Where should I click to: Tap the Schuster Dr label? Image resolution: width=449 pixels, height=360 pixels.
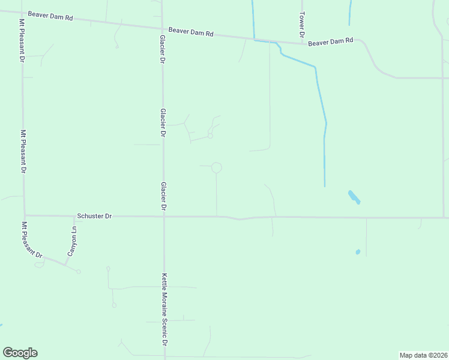(x=94, y=216)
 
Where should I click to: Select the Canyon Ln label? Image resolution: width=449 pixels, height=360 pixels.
(x=74, y=241)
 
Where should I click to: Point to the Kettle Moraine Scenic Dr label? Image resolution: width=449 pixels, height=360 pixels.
(x=164, y=310)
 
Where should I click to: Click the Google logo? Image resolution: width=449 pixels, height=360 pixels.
(x=20, y=353)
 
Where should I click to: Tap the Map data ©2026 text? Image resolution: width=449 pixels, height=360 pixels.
(x=423, y=355)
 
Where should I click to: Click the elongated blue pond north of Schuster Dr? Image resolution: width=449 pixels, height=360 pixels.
(x=354, y=197)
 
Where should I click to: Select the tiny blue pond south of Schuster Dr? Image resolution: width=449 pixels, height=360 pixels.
(x=358, y=252)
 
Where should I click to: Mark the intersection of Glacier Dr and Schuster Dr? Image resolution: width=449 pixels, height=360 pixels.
(x=164, y=216)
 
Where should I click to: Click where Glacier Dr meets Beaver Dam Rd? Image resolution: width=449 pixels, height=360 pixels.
(x=162, y=28)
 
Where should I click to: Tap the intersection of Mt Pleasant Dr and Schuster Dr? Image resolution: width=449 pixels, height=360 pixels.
(x=25, y=215)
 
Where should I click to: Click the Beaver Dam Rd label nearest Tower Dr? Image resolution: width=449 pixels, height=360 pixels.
(x=331, y=42)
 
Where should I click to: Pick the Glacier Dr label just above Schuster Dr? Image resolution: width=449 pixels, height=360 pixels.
(x=163, y=196)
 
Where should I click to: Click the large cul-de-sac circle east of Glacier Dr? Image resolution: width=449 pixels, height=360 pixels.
(x=217, y=168)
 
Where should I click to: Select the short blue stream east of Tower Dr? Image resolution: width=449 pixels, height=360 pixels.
(x=349, y=12)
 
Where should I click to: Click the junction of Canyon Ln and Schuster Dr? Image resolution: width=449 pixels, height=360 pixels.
(x=74, y=216)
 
